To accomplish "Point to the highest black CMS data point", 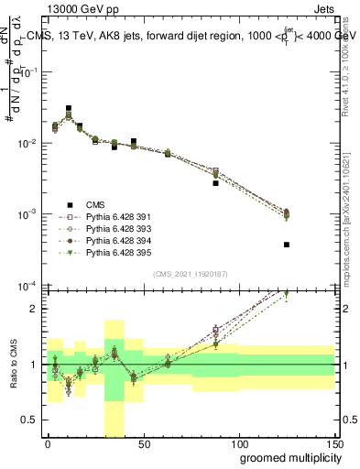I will [69, 108].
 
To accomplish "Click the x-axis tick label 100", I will [238, 442].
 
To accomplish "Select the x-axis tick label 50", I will [143, 442].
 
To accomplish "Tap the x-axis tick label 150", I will [333, 442].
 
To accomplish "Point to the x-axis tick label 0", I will [48, 442].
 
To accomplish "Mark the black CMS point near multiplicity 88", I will [215, 183].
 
